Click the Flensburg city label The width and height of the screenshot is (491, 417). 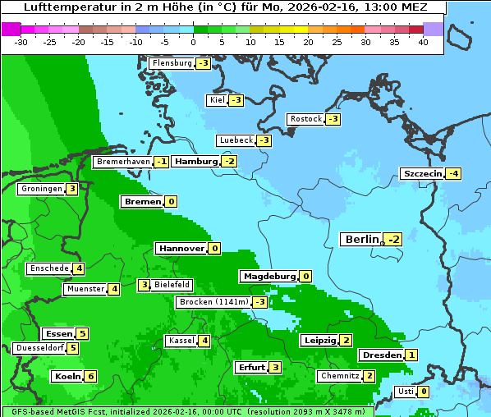tap(172, 63)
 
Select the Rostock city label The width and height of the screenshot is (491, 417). tap(306, 119)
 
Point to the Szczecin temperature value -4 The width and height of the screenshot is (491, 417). tap(453, 173)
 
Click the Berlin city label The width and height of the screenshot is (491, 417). tap(362, 239)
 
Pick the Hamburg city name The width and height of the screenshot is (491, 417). tap(196, 162)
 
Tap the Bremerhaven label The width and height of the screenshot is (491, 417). tap(122, 162)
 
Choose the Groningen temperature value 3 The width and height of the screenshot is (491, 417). tap(72, 189)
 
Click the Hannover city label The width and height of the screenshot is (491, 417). tap(181, 248)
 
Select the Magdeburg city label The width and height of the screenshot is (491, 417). tap(268, 276)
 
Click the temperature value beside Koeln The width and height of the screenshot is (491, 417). tap(90, 376)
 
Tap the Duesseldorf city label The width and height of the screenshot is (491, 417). tap(39, 348)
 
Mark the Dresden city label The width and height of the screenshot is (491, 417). tap(381, 355)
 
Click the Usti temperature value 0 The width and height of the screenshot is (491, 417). tap(424, 391)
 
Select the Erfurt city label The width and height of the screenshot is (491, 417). tap(250, 367)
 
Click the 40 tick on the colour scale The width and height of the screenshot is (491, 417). tap(423, 42)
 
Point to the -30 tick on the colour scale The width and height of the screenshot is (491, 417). tap(21, 42)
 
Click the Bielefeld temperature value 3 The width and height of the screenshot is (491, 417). tap(144, 285)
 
